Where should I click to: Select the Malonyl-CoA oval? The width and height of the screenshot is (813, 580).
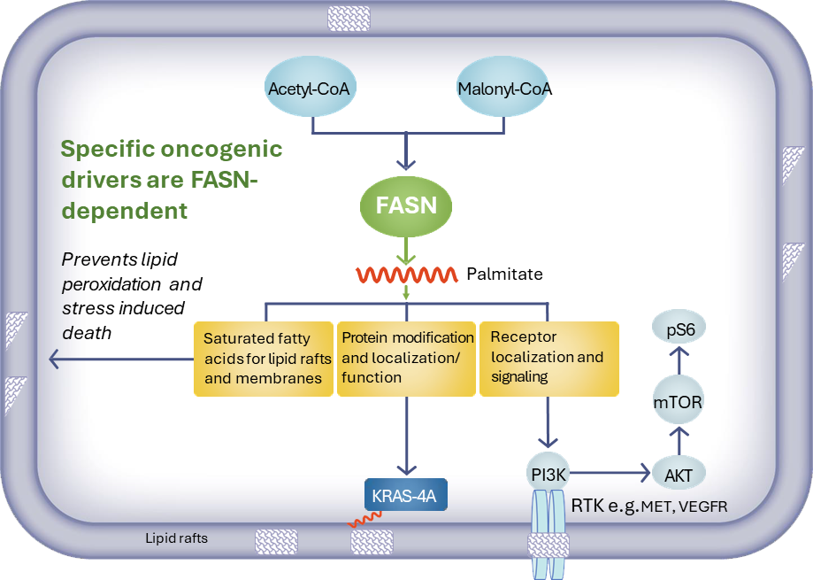pyautogui.click(x=505, y=89)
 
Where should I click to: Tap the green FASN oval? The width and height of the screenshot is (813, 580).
pyautogui.click(x=407, y=206)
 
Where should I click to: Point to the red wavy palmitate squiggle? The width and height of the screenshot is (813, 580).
pyautogui.click(x=406, y=275)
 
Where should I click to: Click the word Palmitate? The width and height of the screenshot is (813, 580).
pyautogui.click(x=504, y=275)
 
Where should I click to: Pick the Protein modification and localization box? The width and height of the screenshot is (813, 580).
pyautogui.click(x=407, y=358)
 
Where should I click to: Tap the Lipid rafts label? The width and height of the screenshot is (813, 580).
pyautogui.click(x=177, y=537)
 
